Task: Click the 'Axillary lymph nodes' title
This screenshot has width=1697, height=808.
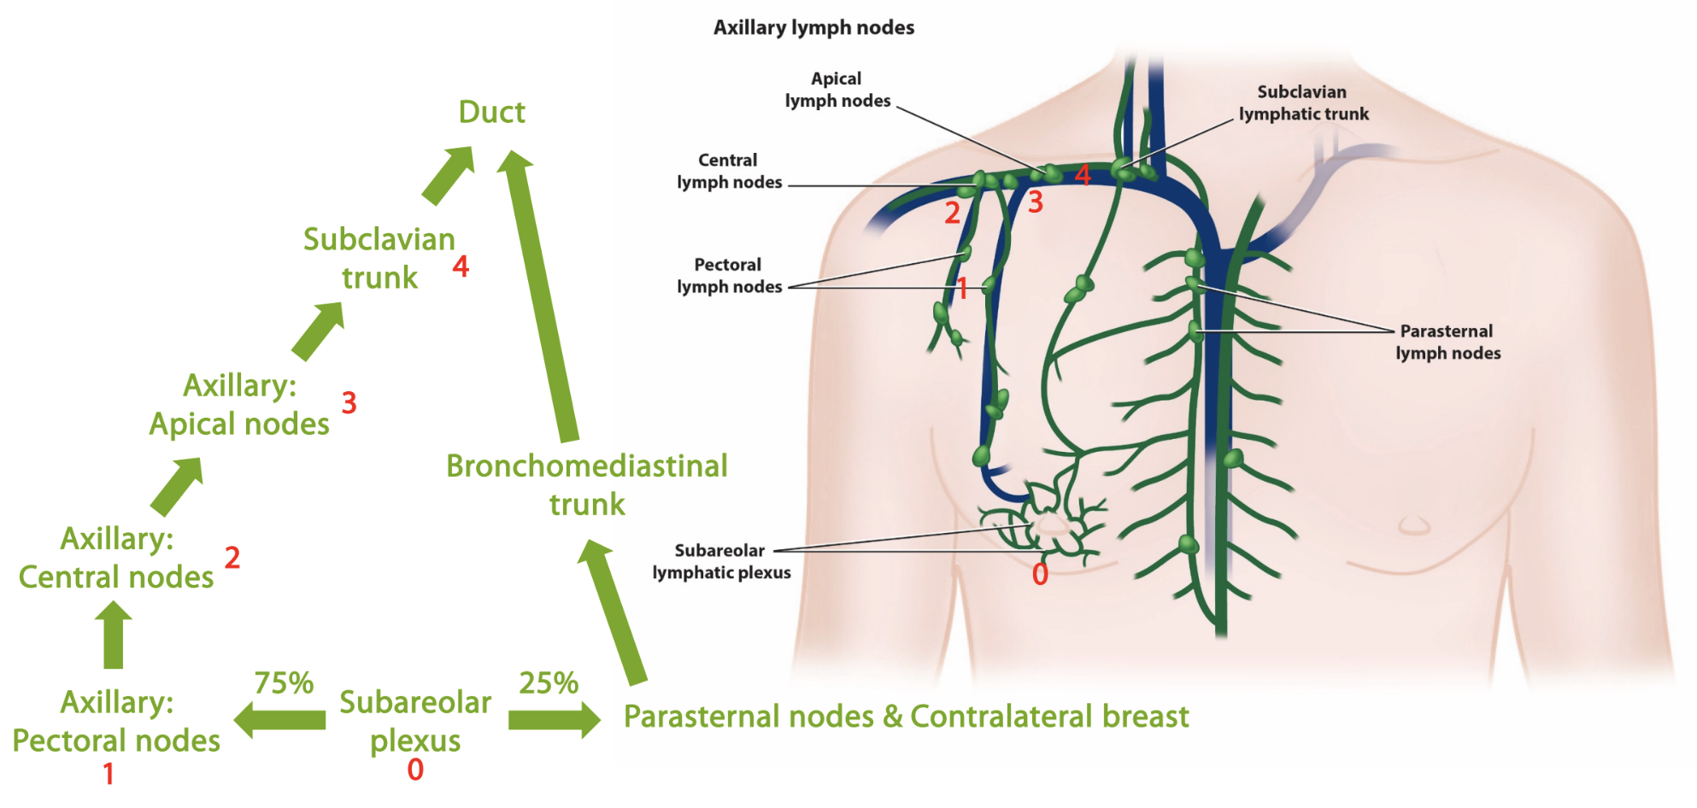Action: coord(813,28)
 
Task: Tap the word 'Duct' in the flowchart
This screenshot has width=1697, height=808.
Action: coord(491,112)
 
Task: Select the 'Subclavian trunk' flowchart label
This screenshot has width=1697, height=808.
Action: coord(379,258)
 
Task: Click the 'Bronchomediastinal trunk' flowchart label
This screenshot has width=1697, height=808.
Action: coord(587,484)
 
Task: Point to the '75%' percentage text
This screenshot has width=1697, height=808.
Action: coord(284,683)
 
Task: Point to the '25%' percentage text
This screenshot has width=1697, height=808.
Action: coord(549,683)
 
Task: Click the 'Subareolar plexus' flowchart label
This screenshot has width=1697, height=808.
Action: coord(415,721)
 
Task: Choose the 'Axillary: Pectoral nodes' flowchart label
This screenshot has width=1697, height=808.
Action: coord(116,721)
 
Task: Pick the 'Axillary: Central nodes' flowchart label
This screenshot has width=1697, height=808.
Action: coord(116,558)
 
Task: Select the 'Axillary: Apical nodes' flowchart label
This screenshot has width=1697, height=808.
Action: coord(239,404)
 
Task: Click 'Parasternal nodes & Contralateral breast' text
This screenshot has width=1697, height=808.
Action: coord(906,717)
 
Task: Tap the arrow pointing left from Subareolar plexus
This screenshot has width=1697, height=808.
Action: coord(279,720)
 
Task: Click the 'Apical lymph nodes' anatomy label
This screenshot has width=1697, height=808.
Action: coord(837,90)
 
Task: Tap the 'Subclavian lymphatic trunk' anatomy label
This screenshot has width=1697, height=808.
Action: coord(1303,102)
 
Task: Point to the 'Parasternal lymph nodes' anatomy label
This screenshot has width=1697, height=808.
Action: coord(1447,342)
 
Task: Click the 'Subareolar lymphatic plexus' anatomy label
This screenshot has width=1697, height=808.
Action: coord(721,561)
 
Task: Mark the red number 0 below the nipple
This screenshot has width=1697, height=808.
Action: coord(1040,574)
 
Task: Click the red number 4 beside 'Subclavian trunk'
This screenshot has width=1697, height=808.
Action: coord(461,266)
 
